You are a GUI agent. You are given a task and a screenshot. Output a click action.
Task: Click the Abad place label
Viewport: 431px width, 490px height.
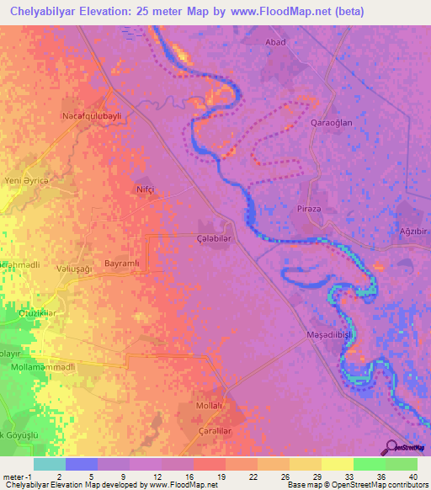[x=276, y=42]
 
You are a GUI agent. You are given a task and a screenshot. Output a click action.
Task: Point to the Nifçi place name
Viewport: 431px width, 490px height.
[x=146, y=190]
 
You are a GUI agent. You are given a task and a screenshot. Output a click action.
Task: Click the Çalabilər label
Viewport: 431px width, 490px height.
[x=213, y=238]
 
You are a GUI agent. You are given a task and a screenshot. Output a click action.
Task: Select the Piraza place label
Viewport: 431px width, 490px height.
[x=311, y=207]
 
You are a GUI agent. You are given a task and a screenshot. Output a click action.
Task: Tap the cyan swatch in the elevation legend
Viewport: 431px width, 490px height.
[x=49, y=464]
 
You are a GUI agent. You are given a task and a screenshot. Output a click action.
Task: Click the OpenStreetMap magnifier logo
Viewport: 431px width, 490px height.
[x=391, y=447]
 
